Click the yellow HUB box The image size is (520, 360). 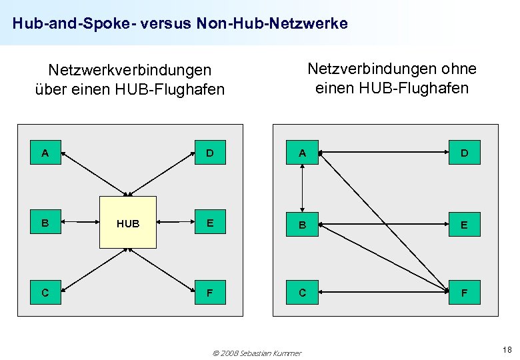(128, 223)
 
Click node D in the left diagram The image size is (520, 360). (210, 153)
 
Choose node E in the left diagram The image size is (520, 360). (210, 223)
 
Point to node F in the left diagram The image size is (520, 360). (210, 292)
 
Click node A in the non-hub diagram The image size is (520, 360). (302, 153)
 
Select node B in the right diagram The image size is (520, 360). (302, 225)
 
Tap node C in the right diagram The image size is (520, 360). (302, 293)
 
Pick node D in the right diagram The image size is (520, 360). (464, 153)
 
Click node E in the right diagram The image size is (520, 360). (464, 225)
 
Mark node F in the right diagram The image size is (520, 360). (464, 293)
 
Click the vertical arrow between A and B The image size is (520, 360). (303, 189)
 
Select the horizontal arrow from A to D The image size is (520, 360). (383, 153)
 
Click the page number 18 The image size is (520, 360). (507, 350)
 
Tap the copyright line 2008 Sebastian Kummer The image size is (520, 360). (257, 353)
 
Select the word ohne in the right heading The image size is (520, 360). (459, 69)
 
